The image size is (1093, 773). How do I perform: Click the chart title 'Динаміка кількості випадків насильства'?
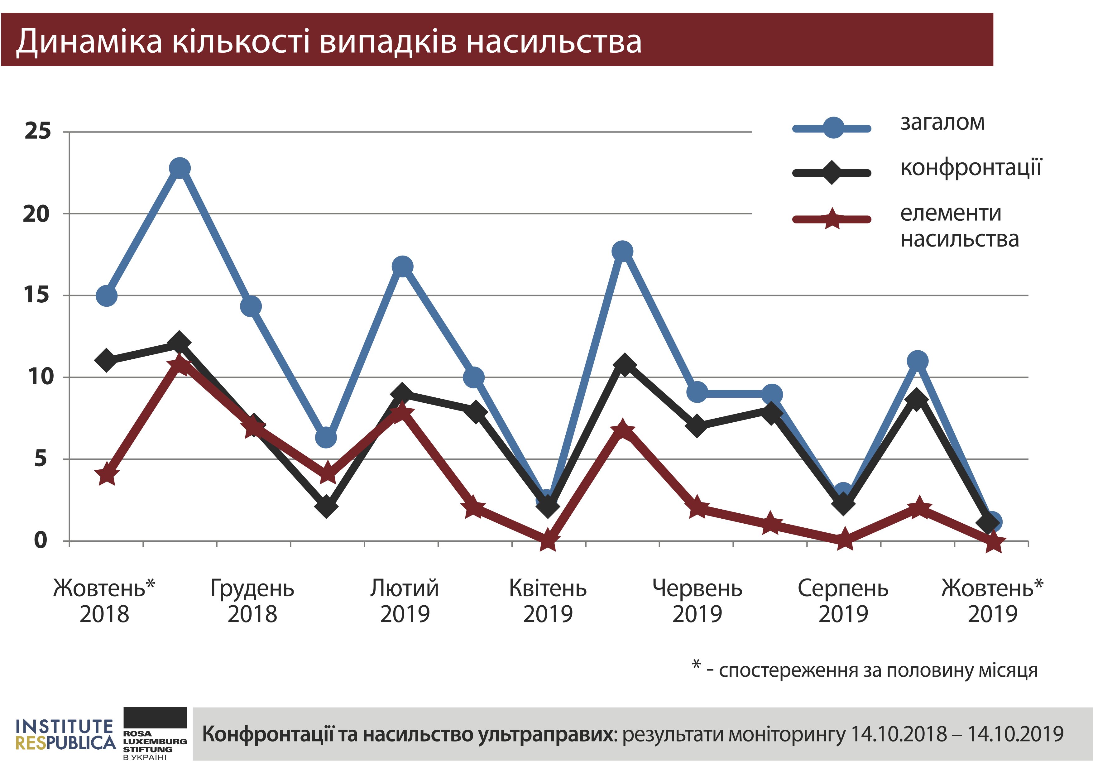(x=329, y=41)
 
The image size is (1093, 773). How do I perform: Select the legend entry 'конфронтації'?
(x=971, y=168)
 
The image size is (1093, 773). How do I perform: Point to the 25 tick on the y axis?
(x=38, y=131)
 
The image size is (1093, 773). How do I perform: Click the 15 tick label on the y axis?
(x=37, y=295)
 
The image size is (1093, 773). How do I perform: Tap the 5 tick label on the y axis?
(x=41, y=459)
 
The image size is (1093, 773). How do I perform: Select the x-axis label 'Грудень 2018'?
(x=252, y=601)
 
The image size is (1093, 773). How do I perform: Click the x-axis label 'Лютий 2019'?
(x=405, y=601)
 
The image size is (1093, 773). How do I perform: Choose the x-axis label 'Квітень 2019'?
(x=548, y=601)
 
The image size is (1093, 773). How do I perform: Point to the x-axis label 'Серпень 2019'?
(x=843, y=601)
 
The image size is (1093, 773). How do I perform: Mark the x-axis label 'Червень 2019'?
(x=698, y=601)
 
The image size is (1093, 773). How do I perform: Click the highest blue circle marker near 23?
(x=180, y=168)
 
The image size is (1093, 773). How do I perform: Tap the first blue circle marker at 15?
(x=107, y=295)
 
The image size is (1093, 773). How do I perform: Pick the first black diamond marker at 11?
(x=107, y=360)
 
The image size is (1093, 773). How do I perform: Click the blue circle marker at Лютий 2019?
(x=402, y=266)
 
